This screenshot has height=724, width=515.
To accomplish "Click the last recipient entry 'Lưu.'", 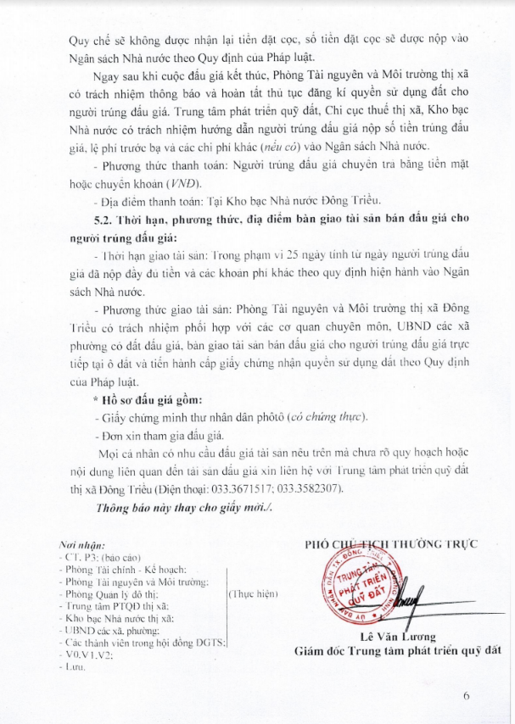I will coord(73,668).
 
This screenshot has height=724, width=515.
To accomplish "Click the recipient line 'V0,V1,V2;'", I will coord(87,655).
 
